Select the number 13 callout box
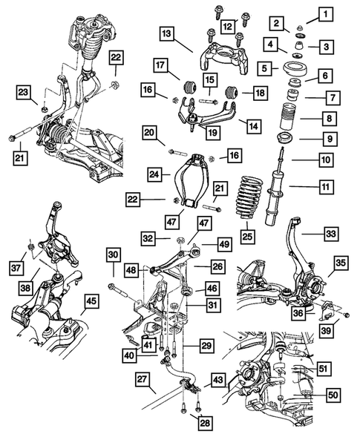point(166,34)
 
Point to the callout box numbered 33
point(330,233)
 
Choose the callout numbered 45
point(91,300)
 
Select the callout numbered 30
point(112,254)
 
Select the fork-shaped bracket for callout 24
point(192,178)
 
